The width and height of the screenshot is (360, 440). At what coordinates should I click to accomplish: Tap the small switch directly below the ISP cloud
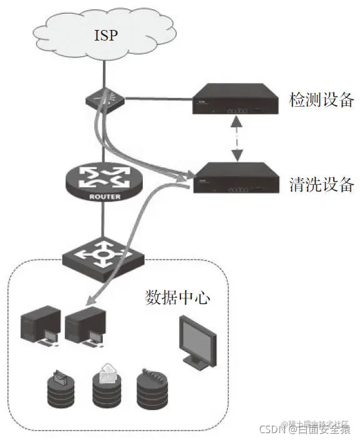(105, 98)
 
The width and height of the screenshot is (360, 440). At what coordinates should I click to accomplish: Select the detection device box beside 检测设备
(234, 100)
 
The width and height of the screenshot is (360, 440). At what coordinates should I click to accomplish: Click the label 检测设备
(322, 100)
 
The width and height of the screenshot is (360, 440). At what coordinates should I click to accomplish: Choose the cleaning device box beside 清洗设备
(234, 177)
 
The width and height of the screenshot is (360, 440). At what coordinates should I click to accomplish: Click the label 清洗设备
(322, 185)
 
